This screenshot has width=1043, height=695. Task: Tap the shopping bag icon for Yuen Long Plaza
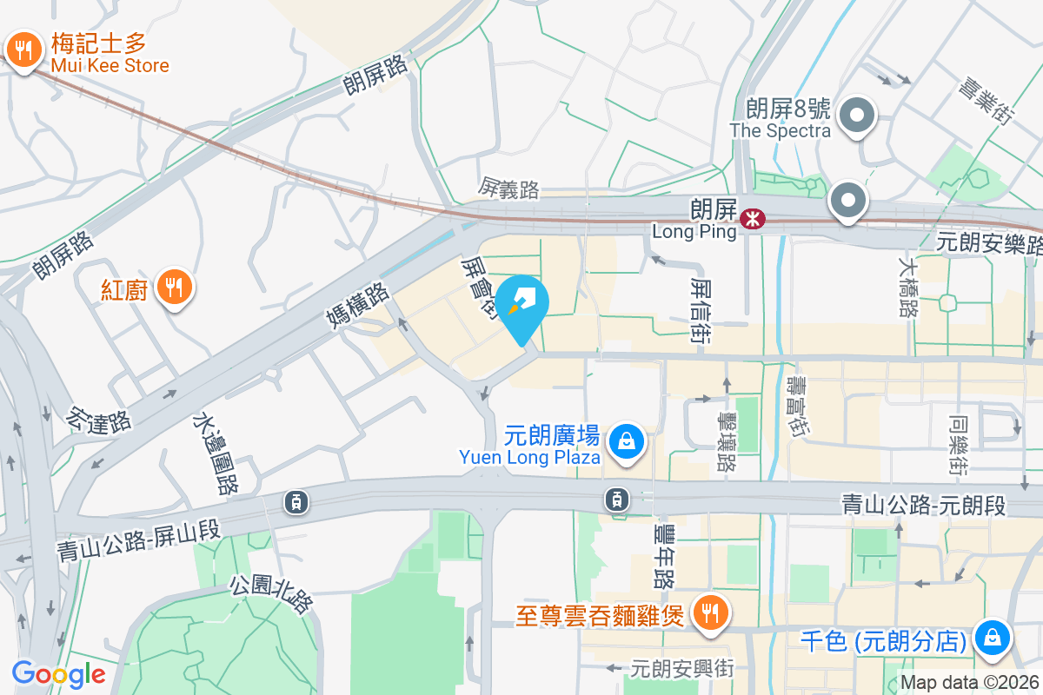[626, 441]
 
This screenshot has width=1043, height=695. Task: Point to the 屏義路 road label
[509, 188]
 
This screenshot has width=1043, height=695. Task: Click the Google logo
[58, 673]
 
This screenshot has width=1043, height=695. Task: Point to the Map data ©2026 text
[969, 682]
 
